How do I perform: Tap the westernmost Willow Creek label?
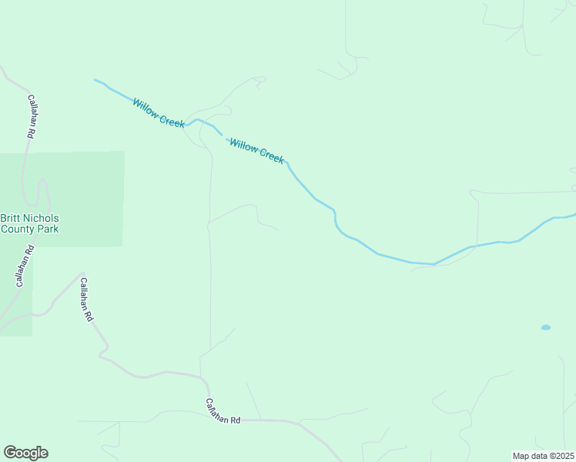click(158, 112)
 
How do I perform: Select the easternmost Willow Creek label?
click(257, 150)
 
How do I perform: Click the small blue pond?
click(546, 327)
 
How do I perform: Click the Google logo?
click(25, 453)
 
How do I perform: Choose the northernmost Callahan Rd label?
click(32, 116)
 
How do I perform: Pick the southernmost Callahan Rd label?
click(223, 411)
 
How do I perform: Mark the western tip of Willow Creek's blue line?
click(95, 79)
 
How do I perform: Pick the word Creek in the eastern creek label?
click(271, 156)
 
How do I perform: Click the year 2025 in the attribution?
click(564, 455)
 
